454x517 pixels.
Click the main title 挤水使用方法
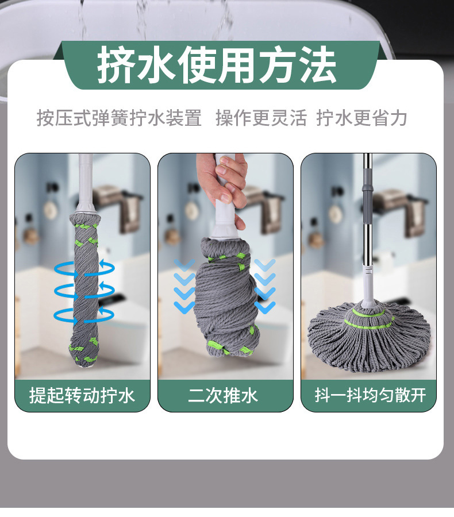pyautogui.click(x=217, y=64)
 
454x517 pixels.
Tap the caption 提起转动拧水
pyautogui.click(x=82, y=395)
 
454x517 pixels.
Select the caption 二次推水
pyautogui.click(x=223, y=395)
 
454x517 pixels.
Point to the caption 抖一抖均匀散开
pyautogui.click(x=370, y=395)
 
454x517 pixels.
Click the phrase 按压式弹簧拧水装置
pyautogui.click(x=119, y=118)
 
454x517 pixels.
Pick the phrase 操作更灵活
pyautogui.click(x=261, y=118)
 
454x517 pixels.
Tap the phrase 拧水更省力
pyautogui.click(x=361, y=118)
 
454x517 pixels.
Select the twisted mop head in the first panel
pyautogui.click(x=84, y=290)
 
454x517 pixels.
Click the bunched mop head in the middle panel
pyautogui.click(x=226, y=297)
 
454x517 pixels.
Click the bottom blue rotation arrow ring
pyautogui.click(x=84, y=315)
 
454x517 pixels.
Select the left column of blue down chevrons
pyautogui.click(x=184, y=285)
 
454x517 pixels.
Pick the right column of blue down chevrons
pyautogui.click(x=265, y=285)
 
